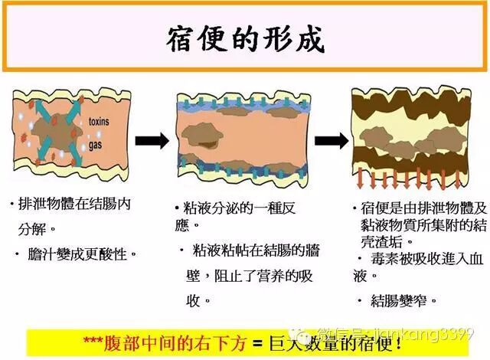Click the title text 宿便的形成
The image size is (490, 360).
click(245, 39)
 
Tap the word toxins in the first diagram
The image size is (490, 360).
click(100, 122)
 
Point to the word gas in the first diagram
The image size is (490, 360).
click(96, 144)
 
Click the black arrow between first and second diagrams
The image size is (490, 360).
click(152, 140)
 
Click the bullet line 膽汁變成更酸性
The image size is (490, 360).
click(79, 253)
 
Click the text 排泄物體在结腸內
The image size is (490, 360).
click(73, 206)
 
